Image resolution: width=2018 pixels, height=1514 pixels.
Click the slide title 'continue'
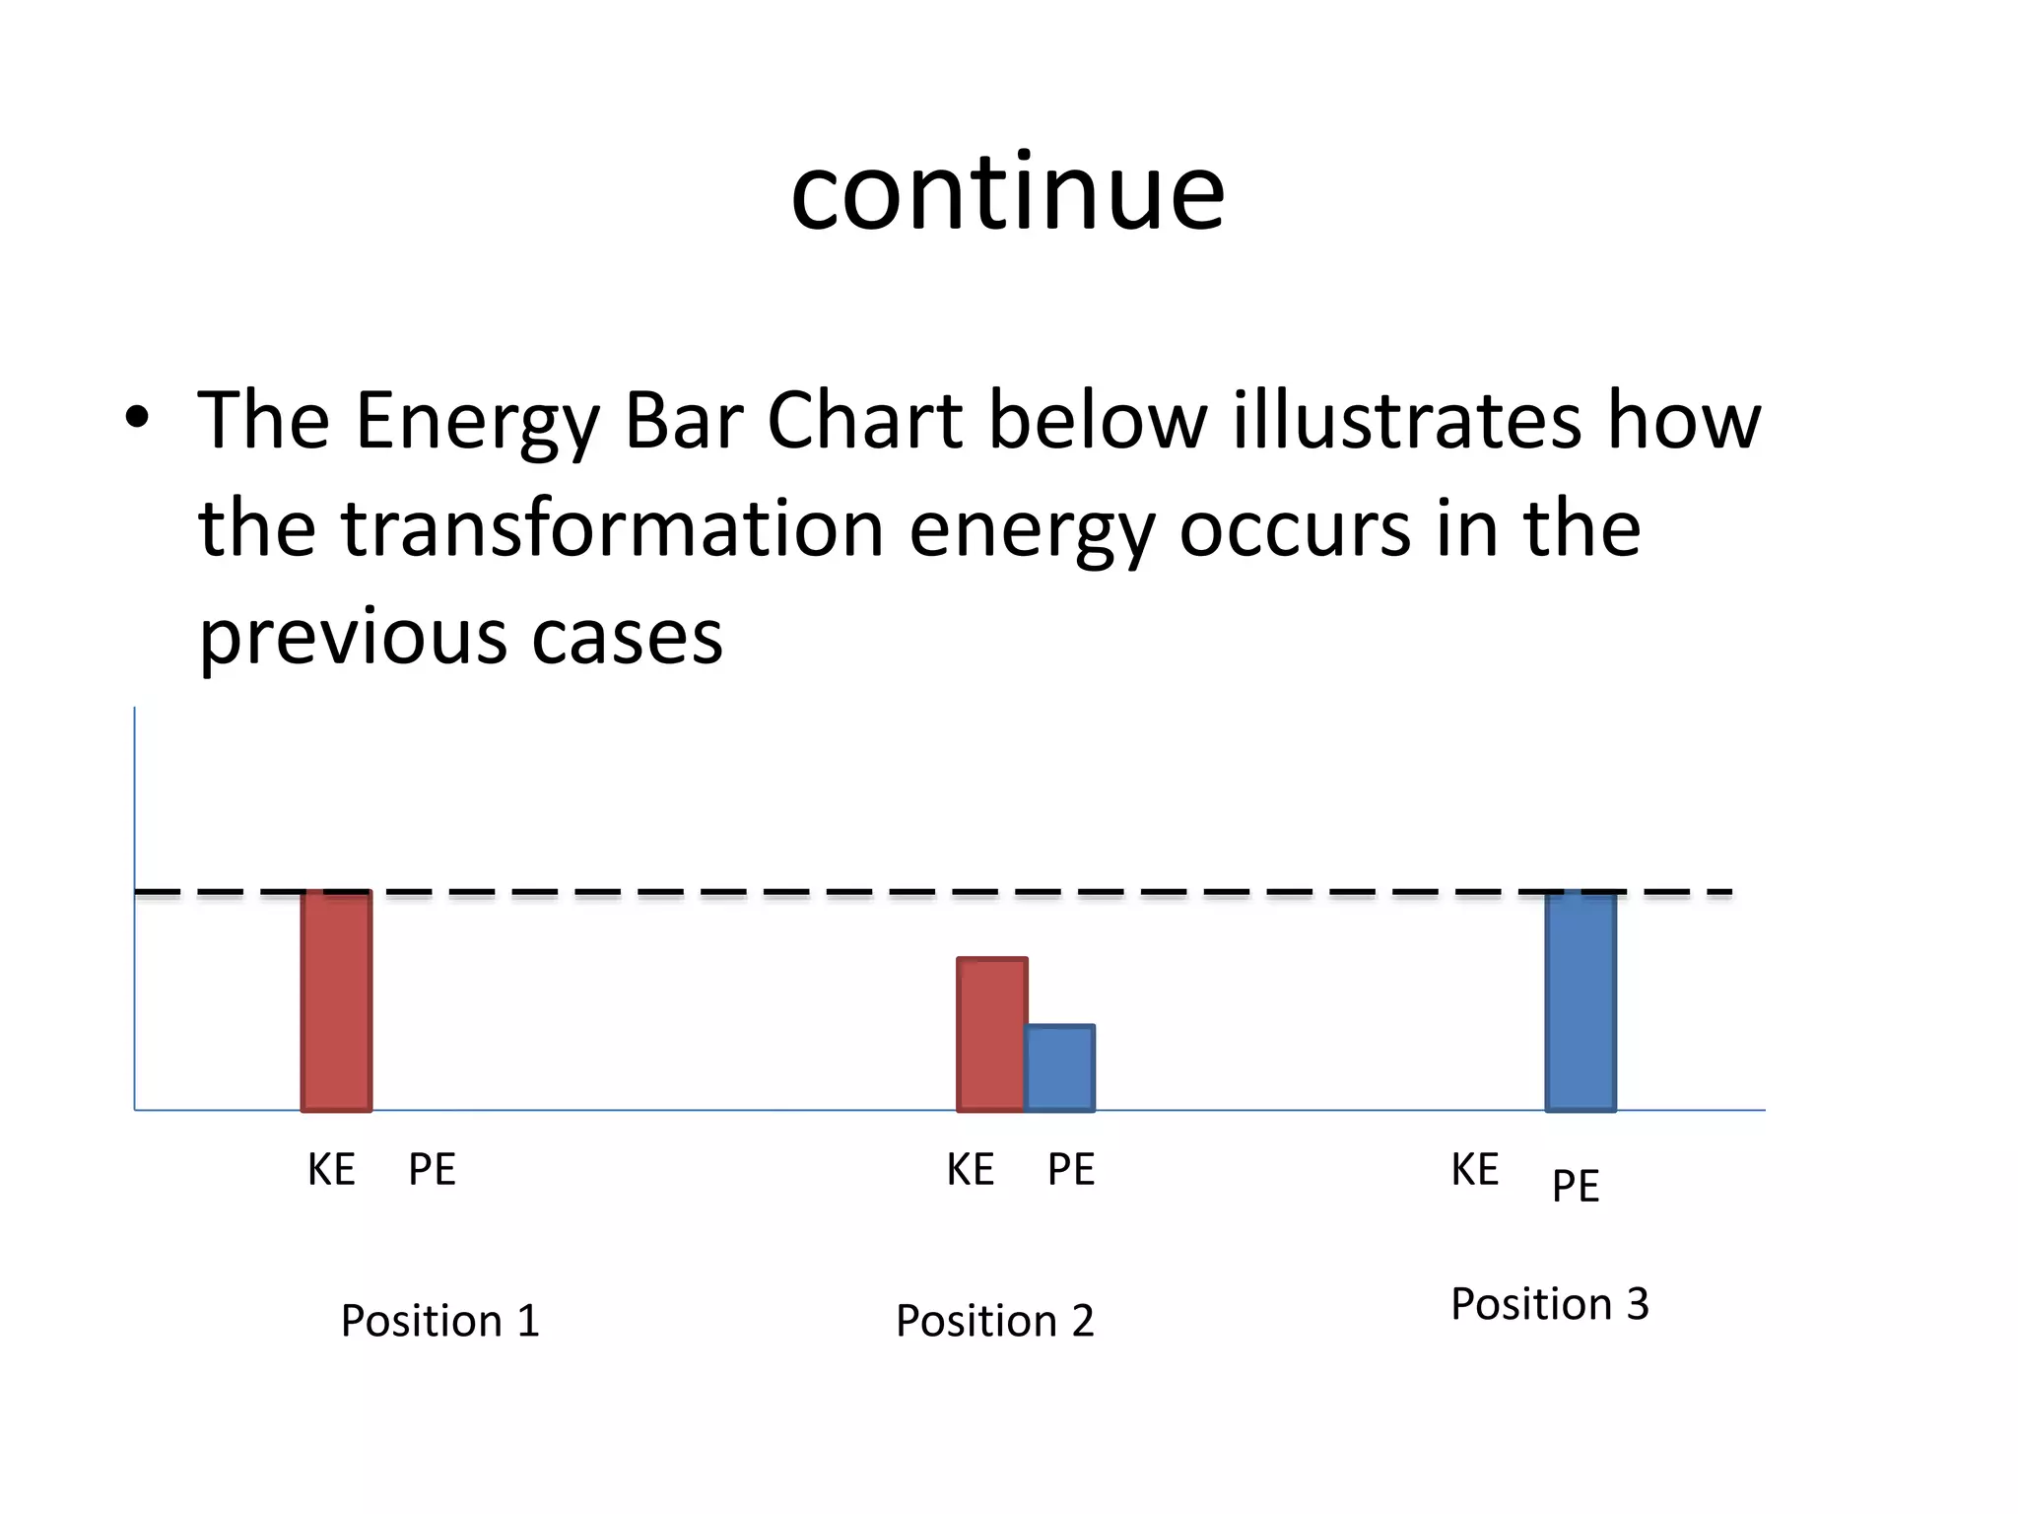(1007, 193)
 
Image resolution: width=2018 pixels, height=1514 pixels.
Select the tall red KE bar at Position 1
(336, 1000)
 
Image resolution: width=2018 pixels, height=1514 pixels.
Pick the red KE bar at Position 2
(991, 1034)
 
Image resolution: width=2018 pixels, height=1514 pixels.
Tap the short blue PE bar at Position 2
(1060, 1068)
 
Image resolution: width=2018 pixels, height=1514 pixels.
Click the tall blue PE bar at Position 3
(1580, 1000)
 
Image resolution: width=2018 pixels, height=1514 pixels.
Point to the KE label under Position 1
(331, 1170)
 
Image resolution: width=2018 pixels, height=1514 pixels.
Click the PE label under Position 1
(432, 1170)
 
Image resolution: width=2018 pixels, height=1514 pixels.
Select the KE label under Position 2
(970, 1170)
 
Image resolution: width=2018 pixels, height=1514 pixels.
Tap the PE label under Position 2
(1070, 1170)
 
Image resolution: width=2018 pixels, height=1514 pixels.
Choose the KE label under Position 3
(1474, 1170)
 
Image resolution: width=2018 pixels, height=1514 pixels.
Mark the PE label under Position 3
(1575, 1186)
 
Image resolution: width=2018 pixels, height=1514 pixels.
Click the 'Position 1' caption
(439, 1321)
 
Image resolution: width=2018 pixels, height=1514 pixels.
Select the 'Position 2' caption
(994, 1321)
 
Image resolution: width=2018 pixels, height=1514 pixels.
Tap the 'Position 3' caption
(1549, 1304)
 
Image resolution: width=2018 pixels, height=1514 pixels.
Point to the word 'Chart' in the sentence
(864, 421)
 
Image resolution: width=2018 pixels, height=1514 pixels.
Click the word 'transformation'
(612, 529)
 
